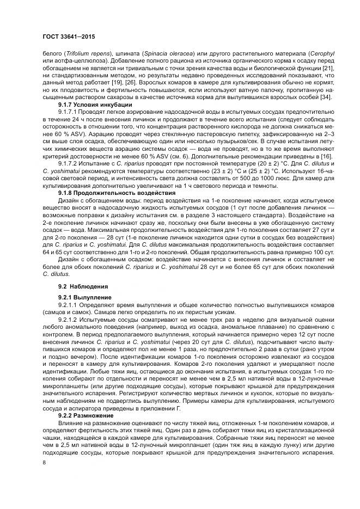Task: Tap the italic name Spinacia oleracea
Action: click(157, 53)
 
